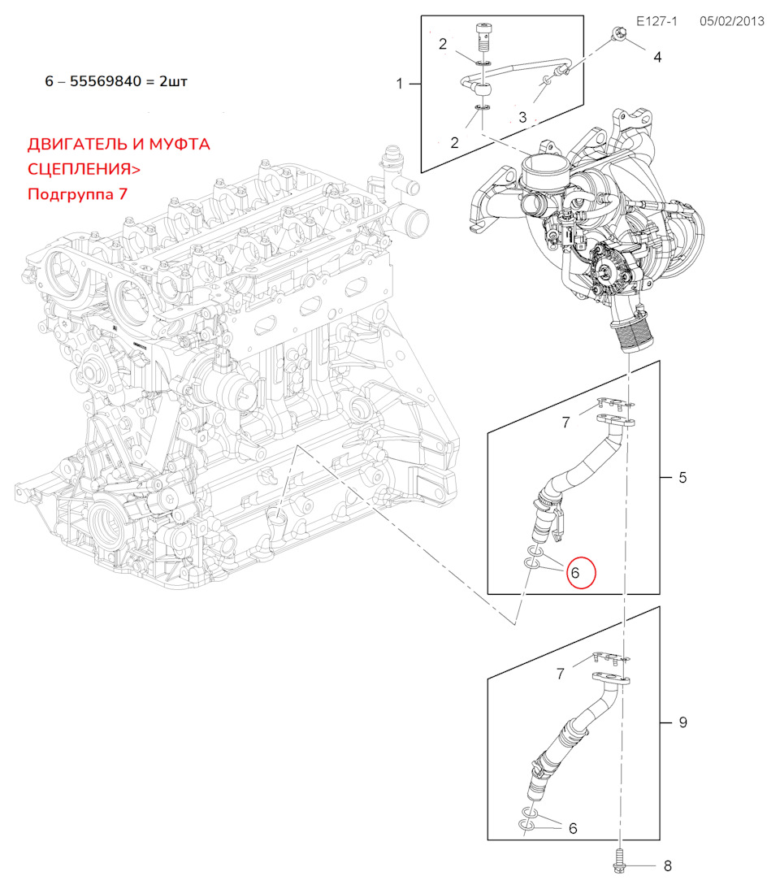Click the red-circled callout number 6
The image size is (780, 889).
(x=575, y=572)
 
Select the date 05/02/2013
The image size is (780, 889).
(x=731, y=21)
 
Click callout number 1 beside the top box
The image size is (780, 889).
(x=399, y=84)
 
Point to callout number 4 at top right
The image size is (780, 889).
(x=657, y=57)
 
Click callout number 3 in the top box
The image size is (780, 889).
(x=522, y=117)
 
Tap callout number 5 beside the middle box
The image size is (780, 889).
(x=682, y=477)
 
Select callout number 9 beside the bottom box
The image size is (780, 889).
(x=682, y=722)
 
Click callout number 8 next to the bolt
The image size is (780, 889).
(x=667, y=866)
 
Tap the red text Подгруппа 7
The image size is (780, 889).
(x=77, y=194)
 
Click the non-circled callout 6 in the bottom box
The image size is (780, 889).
(x=573, y=828)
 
